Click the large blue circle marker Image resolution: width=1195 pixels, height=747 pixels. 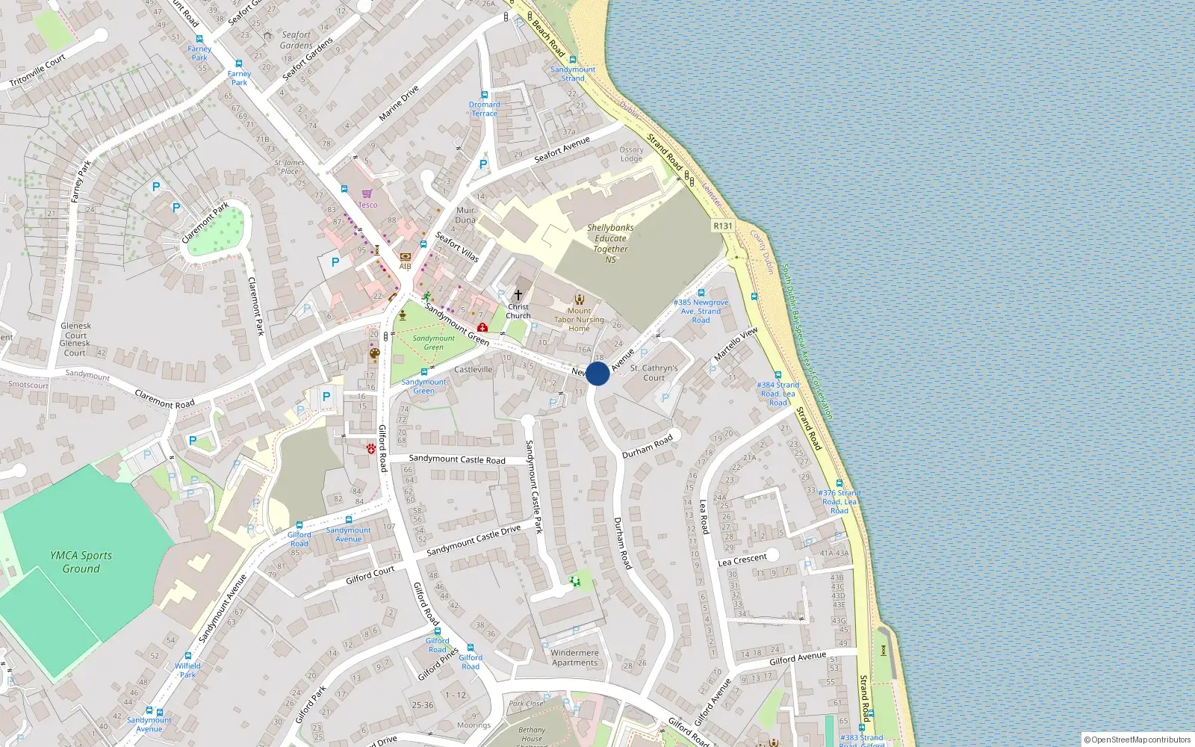[597, 373]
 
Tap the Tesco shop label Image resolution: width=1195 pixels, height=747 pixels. [367, 204]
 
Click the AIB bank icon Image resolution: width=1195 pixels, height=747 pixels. [405, 256]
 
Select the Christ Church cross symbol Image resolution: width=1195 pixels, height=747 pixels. [518, 295]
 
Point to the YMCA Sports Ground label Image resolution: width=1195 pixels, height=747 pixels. [81, 562]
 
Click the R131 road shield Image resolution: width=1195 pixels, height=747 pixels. [723, 226]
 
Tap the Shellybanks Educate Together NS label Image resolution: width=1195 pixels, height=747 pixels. [610, 244]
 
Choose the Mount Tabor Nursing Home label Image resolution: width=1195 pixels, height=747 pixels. [579, 320]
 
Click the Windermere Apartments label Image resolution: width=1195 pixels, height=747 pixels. [574, 657]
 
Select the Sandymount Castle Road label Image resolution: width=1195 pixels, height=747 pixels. [456, 459]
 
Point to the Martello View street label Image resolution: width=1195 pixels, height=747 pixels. [736, 344]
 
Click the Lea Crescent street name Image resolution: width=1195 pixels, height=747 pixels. [742, 560]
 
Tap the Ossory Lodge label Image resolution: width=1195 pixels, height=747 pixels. [631, 154]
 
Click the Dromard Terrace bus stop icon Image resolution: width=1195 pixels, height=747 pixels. [485, 96]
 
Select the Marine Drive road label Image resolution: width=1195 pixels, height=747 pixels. [399, 103]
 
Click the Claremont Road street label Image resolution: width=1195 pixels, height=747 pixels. [164, 399]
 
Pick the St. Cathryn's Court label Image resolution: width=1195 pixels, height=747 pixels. [654, 373]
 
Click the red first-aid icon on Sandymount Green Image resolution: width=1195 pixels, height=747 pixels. [482, 327]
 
